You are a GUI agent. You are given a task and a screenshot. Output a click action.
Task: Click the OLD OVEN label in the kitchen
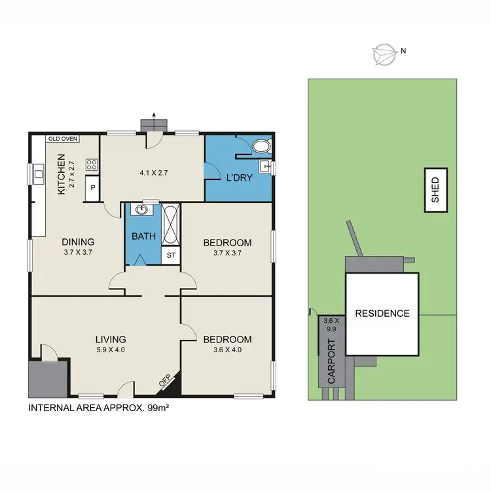63,139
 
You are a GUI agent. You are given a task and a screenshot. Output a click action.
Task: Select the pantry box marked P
92,187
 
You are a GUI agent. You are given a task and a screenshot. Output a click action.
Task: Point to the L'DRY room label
239,177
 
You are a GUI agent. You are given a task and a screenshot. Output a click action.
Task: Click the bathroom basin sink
141,210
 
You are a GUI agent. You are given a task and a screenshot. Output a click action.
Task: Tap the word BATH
143,236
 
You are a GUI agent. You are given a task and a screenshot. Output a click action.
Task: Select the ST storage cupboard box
171,255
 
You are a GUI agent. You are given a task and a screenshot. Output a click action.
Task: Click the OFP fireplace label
166,382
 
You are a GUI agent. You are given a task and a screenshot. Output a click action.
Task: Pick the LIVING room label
110,338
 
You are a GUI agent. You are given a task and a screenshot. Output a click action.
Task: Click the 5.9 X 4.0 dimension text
110,350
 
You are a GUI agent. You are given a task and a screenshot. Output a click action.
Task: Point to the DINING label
79,241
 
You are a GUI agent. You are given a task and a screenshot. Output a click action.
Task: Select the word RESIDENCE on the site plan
382,313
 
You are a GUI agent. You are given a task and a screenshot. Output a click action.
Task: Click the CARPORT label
331,362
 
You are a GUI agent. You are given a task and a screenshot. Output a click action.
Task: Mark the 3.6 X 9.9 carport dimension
329,325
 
